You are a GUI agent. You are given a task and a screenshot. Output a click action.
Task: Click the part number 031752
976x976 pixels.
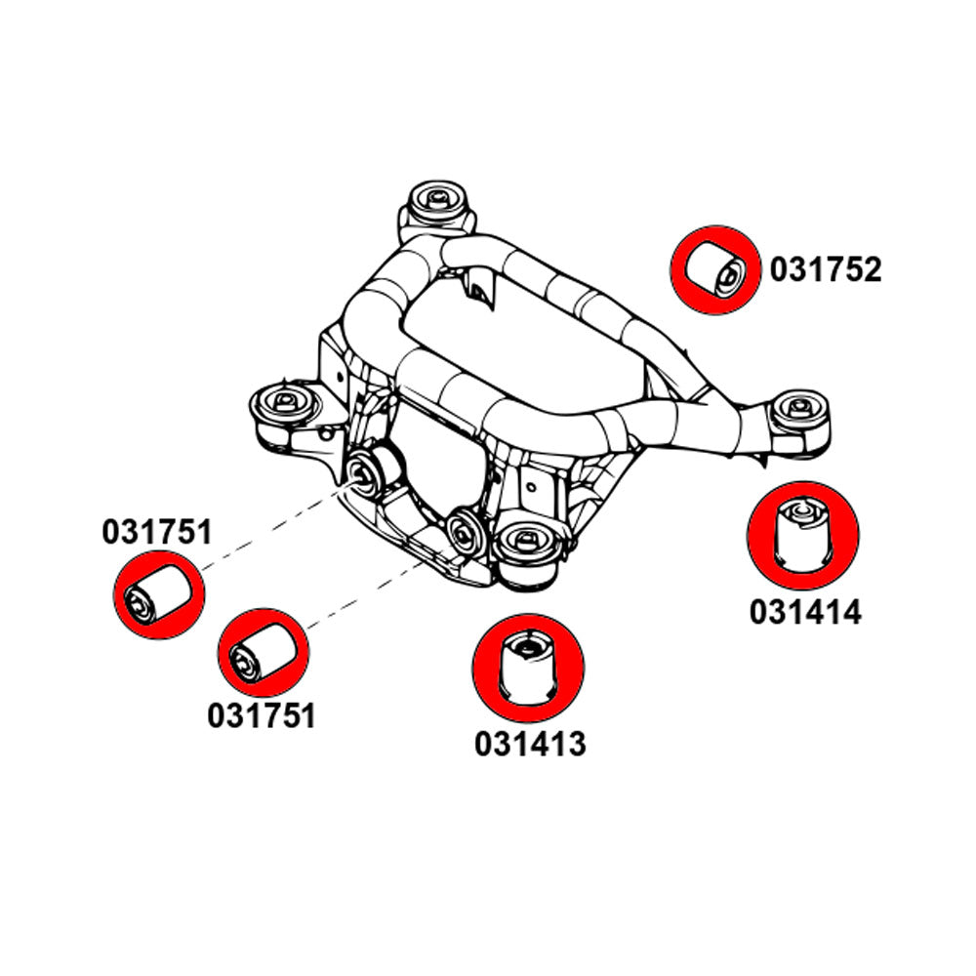click(x=825, y=269)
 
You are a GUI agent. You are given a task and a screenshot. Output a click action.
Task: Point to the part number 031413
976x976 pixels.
click(x=530, y=744)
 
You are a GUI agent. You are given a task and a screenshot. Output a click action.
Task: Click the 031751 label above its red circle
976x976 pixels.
click(x=156, y=532)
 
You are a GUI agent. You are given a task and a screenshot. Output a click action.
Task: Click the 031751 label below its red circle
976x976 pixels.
click(x=262, y=715)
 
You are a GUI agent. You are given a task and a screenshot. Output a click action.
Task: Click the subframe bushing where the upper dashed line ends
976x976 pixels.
click(x=370, y=470)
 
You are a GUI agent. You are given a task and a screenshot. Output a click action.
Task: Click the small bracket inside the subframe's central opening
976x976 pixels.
click(x=480, y=283)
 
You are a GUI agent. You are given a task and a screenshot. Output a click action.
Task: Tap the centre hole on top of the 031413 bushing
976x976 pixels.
click(x=528, y=643)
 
